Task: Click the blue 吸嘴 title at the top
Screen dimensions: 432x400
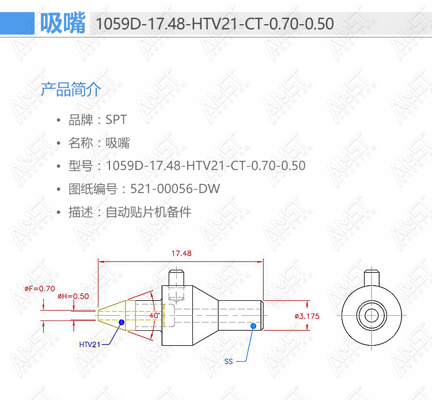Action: coord(63,23)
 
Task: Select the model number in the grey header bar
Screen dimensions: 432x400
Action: coord(215,24)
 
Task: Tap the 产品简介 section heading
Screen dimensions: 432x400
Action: coord(71,89)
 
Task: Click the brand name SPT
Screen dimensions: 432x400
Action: coord(116,120)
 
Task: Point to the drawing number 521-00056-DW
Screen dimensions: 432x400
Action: coord(175,189)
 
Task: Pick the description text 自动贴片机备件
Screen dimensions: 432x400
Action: coord(149,212)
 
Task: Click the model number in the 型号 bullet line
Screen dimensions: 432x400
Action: coord(206,165)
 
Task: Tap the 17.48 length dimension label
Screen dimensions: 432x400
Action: coord(181,254)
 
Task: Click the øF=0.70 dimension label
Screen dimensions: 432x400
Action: coord(40,289)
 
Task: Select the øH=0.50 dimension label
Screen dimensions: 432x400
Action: coord(73,296)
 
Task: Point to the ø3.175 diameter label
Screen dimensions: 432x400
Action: coord(307,316)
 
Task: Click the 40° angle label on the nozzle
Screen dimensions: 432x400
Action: coord(154,315)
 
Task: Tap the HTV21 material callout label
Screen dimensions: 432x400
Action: coord(89,345)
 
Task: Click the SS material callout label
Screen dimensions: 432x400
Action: coord(229,361)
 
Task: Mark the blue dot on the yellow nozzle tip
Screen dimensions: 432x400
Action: coord(122,322)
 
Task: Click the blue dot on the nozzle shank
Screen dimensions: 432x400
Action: coord(253,326)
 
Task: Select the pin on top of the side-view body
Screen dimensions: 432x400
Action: coord(176,278)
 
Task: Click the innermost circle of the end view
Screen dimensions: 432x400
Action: coord(372,315)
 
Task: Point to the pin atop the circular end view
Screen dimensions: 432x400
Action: coord(372,278)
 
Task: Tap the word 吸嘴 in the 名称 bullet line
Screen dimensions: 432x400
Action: coord(118,143)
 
